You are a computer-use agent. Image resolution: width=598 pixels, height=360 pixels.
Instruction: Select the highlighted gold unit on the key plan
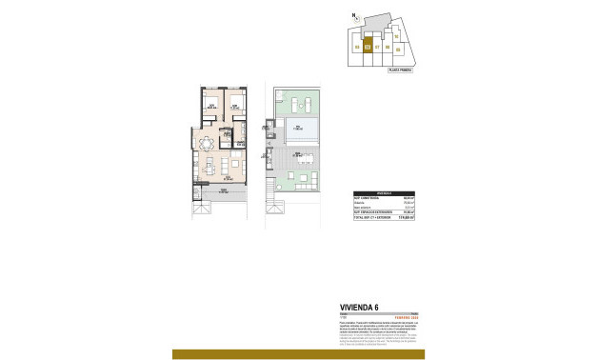point(368,45)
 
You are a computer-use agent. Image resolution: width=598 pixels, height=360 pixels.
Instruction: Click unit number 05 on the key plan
point(357,46)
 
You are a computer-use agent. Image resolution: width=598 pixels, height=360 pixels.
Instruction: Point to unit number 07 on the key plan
point(378,46)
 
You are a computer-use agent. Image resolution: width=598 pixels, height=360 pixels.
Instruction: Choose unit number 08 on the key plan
point(389,46)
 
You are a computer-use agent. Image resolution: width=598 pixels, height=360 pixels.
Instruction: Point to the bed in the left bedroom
point(212,102)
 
